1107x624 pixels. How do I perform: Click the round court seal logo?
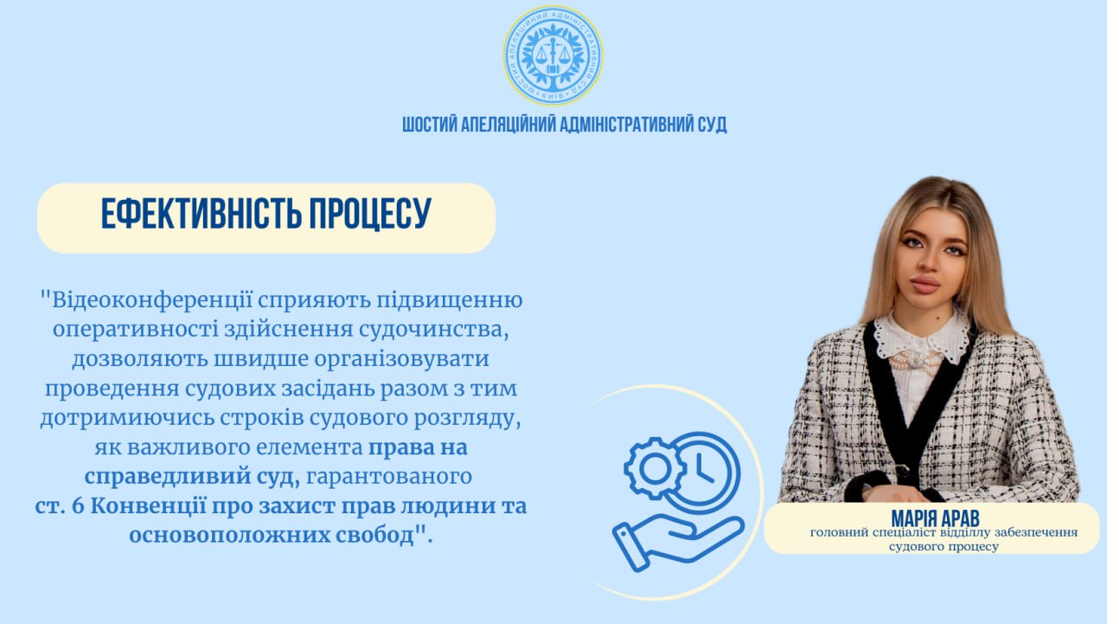[553, 55]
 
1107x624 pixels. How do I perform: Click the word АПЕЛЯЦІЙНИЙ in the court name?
[508, 125]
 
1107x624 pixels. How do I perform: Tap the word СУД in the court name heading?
[712, 125]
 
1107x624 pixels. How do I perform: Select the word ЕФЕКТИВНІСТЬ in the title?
[202, 214]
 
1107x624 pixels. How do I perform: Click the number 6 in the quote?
[79, 505]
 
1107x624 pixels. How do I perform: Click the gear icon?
[655, 467]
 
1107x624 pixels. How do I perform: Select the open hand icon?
[678, 543]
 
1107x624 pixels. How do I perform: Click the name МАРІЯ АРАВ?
[935, 518]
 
